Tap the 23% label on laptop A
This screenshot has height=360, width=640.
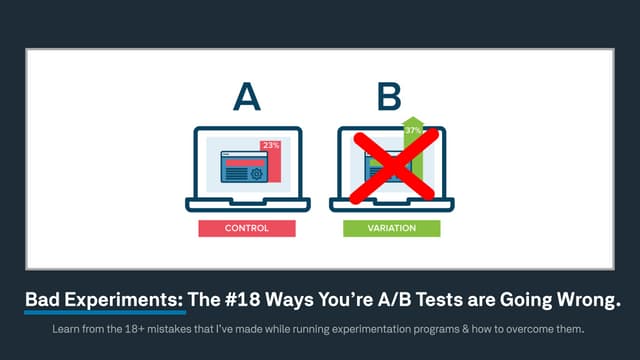[x=270, y=146]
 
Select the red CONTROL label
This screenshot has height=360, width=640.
[x=246, y=228]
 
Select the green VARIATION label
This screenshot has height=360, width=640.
[x=392, y=228]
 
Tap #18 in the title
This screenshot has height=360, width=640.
[x=244, y=298]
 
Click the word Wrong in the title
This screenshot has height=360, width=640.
[x=578, y=298]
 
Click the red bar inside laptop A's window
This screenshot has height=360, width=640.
[x=244, y=160]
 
